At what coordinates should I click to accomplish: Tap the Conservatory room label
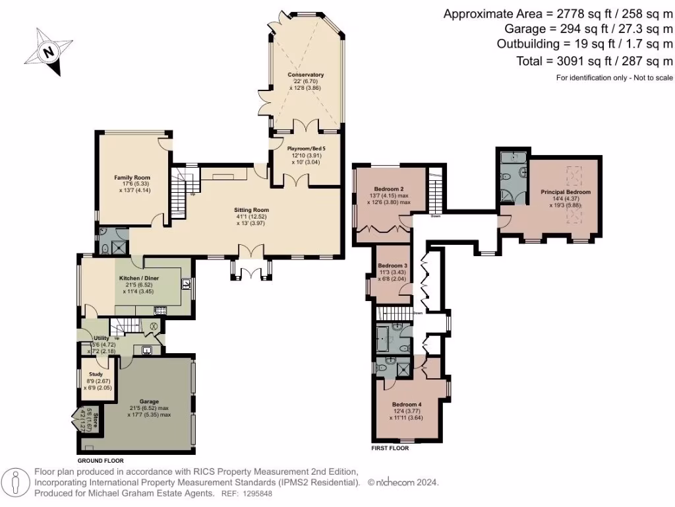pos(306,75)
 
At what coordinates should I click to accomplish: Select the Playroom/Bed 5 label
pos(307,149)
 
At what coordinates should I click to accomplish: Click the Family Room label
pos(132,178)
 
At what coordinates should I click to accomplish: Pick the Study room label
pos(96,374)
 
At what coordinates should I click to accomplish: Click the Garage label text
pos(150,400)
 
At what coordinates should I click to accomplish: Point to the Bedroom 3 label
pos(392,266)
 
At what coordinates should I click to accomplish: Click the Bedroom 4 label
pos(406,404)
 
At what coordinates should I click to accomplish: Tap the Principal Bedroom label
pos(566,192)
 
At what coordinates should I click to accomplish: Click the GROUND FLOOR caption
pos(100,460)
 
